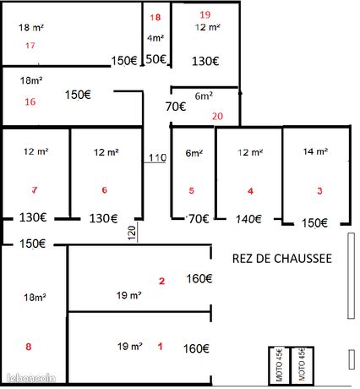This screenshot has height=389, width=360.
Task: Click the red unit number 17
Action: [x=30, y=46]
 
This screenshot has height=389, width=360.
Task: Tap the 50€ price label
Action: [x=156, y=59]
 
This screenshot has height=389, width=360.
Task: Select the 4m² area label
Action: [x=155, y=38]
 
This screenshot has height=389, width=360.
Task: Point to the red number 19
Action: [x=205, y=14]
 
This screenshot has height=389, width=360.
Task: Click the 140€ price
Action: [x=248, y=219]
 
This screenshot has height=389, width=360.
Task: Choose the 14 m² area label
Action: [x=315, y=151]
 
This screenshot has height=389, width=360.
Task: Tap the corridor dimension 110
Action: [x=157, y=157]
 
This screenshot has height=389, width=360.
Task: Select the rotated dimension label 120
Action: [x=132, y=233]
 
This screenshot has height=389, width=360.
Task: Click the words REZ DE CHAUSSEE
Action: [x=282, y=259]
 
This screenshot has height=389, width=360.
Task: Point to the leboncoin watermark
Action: [x=30, y=378]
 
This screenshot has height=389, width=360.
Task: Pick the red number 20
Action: [x=217, y=116]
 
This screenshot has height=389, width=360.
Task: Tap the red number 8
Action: [x=28, y=347]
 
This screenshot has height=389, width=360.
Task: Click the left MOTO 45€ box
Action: [x=279, y=365]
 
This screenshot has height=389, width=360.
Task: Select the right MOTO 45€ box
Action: [x=302, y=365]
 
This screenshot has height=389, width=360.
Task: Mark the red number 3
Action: [x=319, y=191]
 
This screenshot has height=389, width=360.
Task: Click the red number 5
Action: [x=192, y=190]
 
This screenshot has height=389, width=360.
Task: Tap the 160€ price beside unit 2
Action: [x=199, y=278]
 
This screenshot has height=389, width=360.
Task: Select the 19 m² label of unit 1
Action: [x=129, y=346]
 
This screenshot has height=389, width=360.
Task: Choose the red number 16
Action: [x=30, y=101]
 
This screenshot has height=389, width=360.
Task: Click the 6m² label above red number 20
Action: [x=204, y=96]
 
